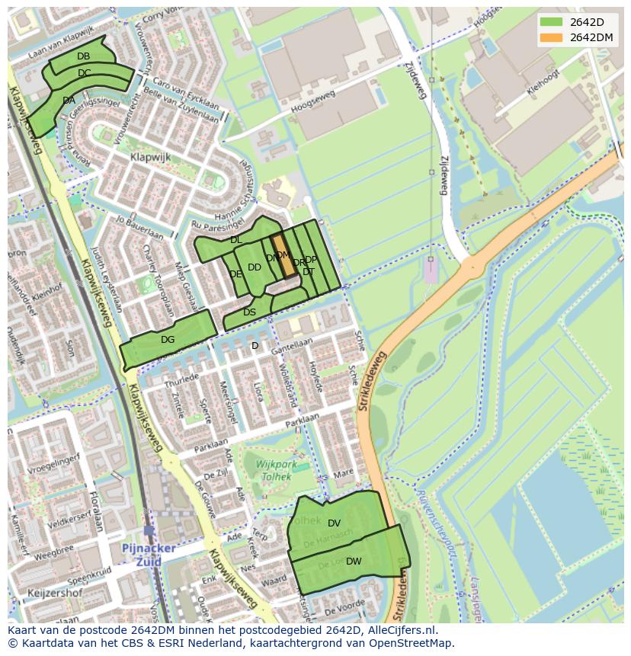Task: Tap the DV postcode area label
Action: pyautogui.click(x=334, y=523)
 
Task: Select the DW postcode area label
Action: pyautogui.click(x=354, y=562)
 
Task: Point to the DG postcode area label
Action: pyautogui.click(x=168, y=340)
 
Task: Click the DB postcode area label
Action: pyautogui.click(x=84, y=56)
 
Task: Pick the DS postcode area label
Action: pyautogui.click(x=249, y=312)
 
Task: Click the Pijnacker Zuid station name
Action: pyautogui.click(x=148, y=554)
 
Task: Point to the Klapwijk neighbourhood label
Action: pyautogui.click(x=150, y=157)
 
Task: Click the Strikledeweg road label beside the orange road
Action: pyautogui.click(x=373, y=382)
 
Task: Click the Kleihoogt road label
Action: pyautogui.click(x=543, y=82)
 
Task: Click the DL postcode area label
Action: pyautogui.click(x=235, y=240)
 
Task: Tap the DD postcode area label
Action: pyautogui.click(x=254, y=267)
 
